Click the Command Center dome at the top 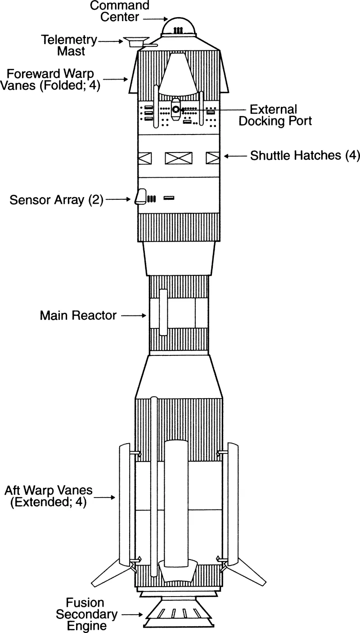click(179, 27)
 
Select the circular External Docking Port click(176, 109)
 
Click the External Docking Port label click(274, 115)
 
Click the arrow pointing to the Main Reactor click(134, 316)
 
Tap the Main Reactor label click(78, 315)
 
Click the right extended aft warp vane click(233, 504)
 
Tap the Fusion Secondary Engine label click(85, 614)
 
